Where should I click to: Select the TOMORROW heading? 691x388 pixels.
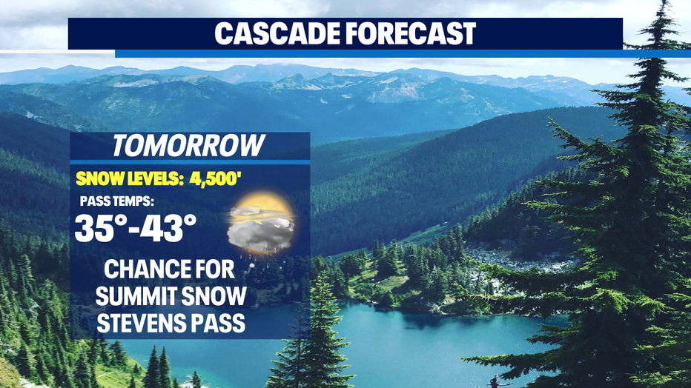click(x=188, y=146)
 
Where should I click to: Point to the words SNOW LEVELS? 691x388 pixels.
click(x=130, y=179)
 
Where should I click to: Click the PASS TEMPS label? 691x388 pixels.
click(x=117, y=201)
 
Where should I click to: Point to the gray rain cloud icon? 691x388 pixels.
click(x=260, y=233)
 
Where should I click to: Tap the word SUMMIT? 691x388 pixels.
click(x=133, y=296)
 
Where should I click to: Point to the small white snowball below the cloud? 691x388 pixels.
click(x=251, y=266)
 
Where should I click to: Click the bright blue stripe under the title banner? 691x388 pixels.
click(x=403, y=53)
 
